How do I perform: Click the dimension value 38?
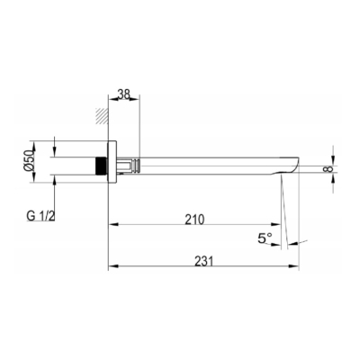coord(123,94)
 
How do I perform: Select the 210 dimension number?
coord(194,220)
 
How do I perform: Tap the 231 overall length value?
coord(204,261)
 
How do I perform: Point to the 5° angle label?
coord(265,238)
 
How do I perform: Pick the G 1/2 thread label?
coord(40,216)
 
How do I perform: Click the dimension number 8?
coord(328,169)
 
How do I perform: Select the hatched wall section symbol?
coord(102,115)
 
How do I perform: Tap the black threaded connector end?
coord(102,166)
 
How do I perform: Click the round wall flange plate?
coord(112,161)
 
